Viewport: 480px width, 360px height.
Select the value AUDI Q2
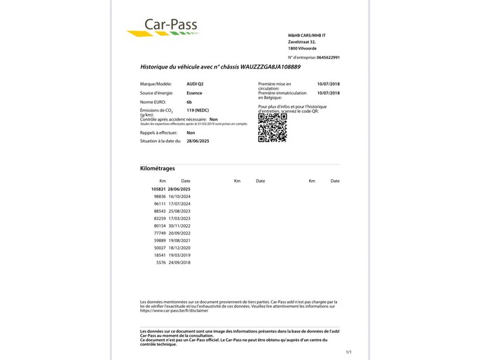click(197, 83)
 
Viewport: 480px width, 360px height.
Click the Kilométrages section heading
click(158, 169)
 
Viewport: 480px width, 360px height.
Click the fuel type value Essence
click(196, 92)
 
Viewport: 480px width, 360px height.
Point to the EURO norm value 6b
click(189, 102)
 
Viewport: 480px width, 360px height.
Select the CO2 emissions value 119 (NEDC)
click(200, 111)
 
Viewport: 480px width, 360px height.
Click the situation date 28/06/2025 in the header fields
click(198, 141)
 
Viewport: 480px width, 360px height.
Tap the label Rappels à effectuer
click(160, 132)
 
